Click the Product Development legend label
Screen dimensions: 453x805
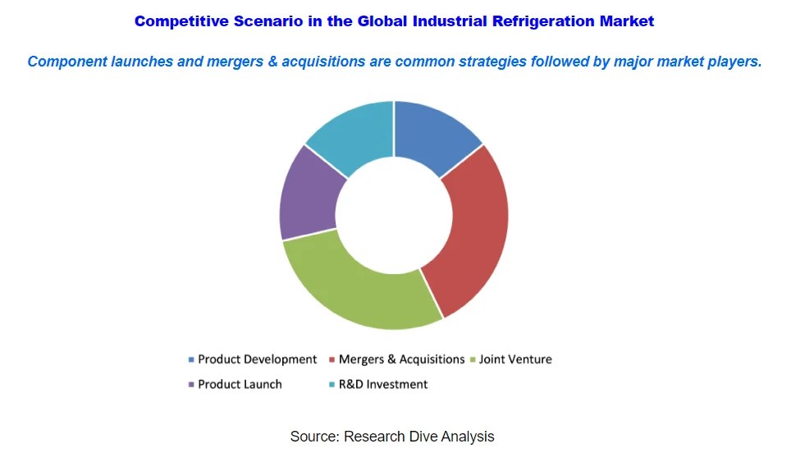pyautogui.click(x=257, y=359)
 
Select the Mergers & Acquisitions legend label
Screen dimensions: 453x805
pyautogui.click(x=402, y=359)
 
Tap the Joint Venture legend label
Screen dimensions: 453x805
pyautogui.click(x=515, y=359)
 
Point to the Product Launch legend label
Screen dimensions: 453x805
pyautogui.click(x=240, y=384)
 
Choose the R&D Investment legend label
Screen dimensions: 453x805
pyautogui.click(x=383, y=384)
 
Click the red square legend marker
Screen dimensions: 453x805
pyautogui.click(x=332, y=359)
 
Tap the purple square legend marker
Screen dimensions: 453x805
pyautogui.click(x=191, y=384)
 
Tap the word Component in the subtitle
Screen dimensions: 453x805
pyautogui.click(x=69, y=62)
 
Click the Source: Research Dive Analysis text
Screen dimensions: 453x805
pyautogui.click(x=392, y=437)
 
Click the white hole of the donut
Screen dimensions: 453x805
pyautogui.click(x=394, y=215)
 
